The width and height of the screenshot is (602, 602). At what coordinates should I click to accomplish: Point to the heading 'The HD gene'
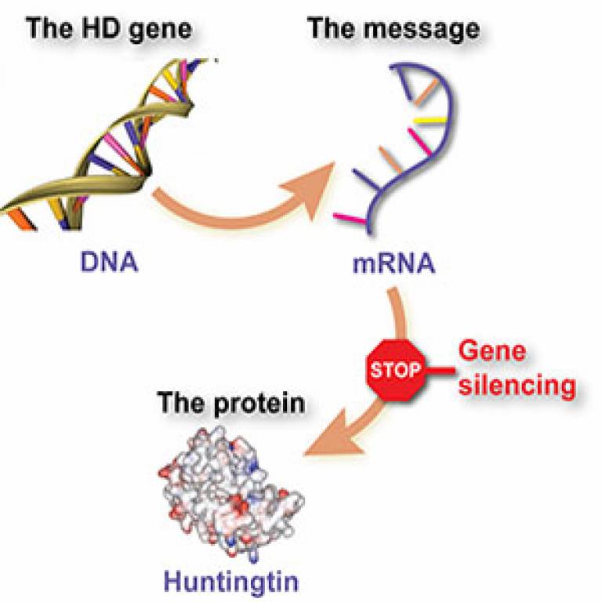click(110, 29)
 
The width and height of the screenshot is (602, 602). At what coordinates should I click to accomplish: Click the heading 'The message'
click(393, 29)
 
